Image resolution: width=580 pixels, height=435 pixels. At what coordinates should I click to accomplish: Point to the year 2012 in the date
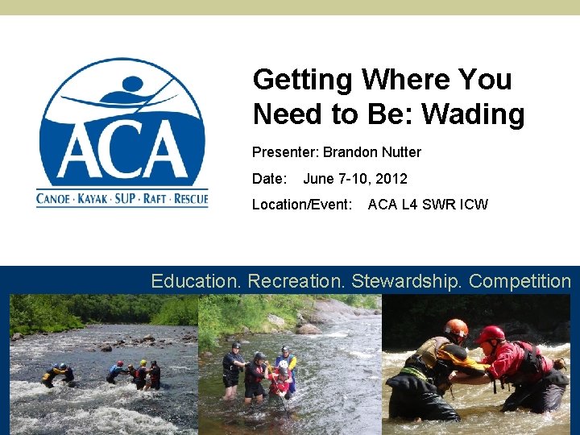tap(391, 179)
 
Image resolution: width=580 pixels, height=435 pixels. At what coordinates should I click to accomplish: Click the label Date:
tap(269, 179)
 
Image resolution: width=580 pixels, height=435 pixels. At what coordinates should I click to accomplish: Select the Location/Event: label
tap(302, 205)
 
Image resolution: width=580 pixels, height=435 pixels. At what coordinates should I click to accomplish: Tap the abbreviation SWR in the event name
tap(442, 205)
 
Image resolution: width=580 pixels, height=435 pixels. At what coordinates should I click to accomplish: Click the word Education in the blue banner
tap(197, 281)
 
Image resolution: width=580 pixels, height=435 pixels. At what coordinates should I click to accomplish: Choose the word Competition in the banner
tap(520, 281)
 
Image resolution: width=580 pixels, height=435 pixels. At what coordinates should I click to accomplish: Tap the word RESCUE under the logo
tap(191, 198)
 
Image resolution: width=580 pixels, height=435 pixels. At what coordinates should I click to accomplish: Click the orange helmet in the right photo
tap(456, 328)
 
